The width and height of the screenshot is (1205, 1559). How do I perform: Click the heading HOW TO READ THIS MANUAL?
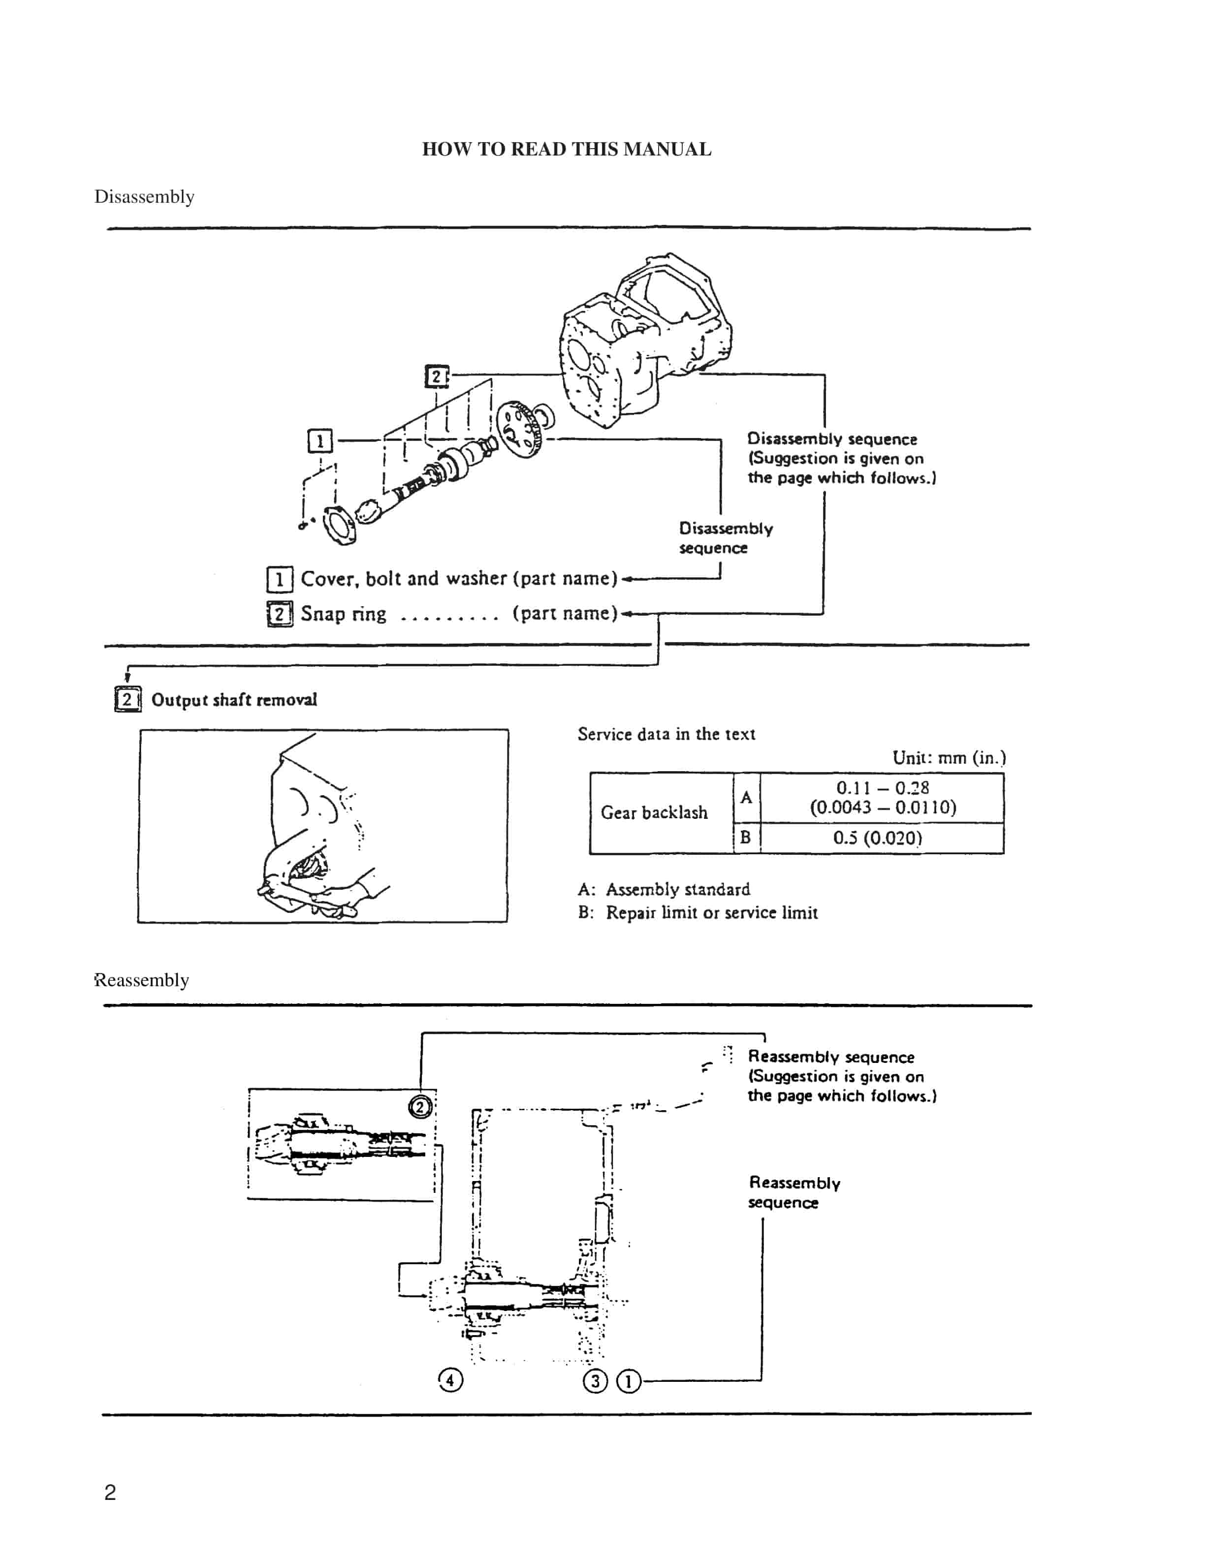point(566,149)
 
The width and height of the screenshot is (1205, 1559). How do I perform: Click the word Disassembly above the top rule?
point(144,196)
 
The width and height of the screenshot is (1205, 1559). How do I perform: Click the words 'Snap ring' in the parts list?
point(344,614)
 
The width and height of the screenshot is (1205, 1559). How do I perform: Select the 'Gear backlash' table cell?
point(654,812)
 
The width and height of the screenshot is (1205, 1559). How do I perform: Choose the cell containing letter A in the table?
point(746,797)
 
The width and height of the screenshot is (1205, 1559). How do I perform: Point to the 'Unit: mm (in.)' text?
point(949,757)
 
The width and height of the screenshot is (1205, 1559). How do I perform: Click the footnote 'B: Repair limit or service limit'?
point(698,912)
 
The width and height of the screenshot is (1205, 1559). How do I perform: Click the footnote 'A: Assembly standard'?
point(664,889)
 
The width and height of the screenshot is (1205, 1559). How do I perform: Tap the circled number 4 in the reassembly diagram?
point(450,1380)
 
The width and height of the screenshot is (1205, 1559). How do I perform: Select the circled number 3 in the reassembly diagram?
point(595,1380)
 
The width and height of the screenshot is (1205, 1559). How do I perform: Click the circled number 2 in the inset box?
point(420,1107)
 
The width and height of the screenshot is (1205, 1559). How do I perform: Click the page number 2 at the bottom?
point(110,1492)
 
